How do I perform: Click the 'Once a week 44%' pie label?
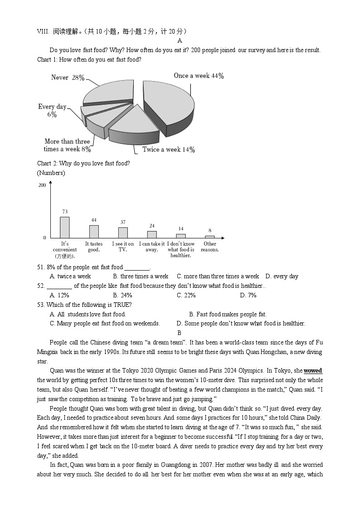pos(199,76)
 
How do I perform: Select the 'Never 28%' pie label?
pos(68,78)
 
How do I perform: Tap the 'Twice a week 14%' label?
pos(168,150)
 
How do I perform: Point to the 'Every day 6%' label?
pos(52,111)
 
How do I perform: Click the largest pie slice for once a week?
pos(168,104)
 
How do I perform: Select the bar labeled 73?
pos(65,227)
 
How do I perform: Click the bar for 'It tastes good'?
pos(94,232)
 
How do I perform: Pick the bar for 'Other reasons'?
pos(209,237)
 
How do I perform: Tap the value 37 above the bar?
pos(123,222)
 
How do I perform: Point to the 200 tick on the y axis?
pos(42,185)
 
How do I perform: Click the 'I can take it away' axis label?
pos(151,247)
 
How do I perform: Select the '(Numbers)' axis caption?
pos(51,173)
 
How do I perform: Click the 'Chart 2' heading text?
pos(83,163)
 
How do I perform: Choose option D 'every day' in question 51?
pos(282,276)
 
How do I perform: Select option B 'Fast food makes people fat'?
pos(228,314)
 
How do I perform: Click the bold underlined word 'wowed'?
pos(313,371)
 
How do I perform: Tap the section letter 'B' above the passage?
pos(179,333)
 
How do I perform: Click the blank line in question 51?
pos(136,267)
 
